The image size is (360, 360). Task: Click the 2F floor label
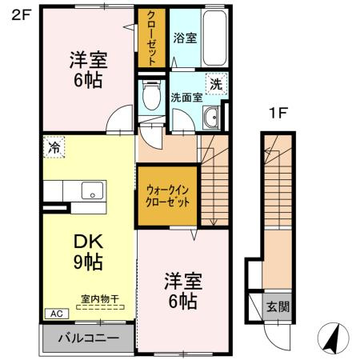[x=19, y=14]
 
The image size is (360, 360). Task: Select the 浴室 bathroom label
[x=185, y=38]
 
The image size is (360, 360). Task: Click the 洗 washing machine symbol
[x=215, y=82]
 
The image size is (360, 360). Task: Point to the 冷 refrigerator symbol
[x=54, y=147]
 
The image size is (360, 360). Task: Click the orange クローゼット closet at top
[x=150, y=38]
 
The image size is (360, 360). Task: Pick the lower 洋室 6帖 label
[x=183, y=290]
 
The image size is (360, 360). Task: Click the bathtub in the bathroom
[x=214, y=40]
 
